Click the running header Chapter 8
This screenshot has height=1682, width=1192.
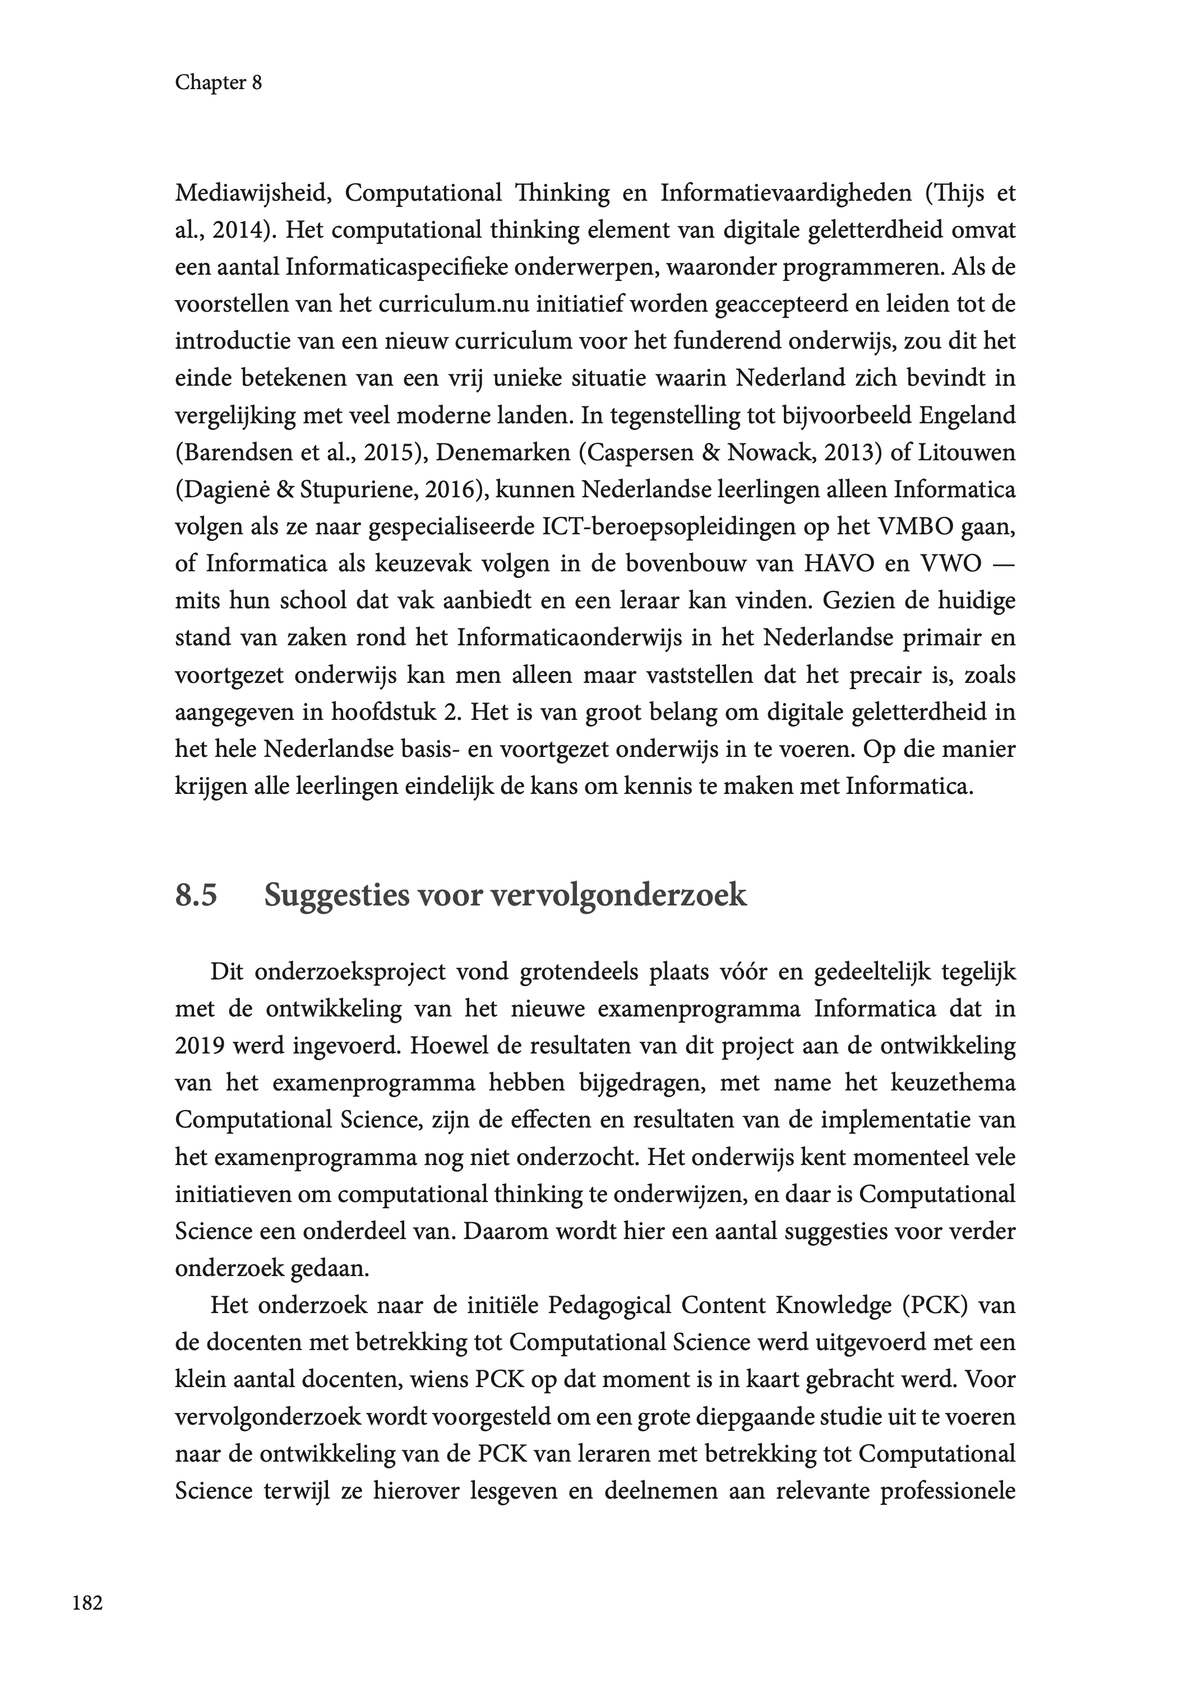click(x=218, y=83)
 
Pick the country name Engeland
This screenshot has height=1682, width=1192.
click(x=967, y=416)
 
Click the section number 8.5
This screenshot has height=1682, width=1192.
click(x=196, y=896)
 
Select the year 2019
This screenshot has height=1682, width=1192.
click(x=199, y=1046)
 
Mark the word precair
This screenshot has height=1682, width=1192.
click(x=885, y=675)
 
